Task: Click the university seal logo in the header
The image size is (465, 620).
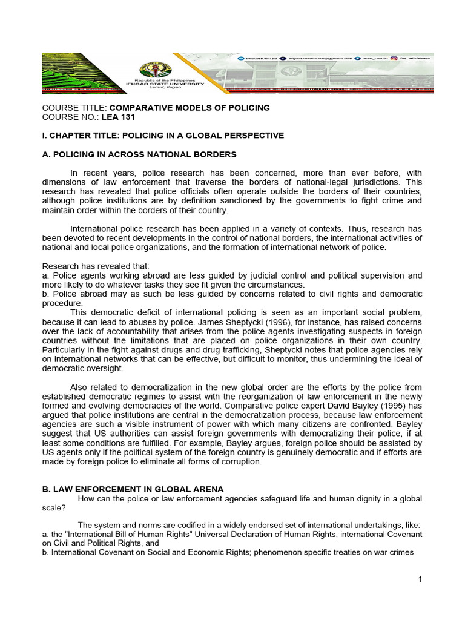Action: pos(156,70)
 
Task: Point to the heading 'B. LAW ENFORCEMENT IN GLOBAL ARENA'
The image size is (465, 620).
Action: pos(133,489)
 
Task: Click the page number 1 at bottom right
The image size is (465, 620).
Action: pos(420,579)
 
